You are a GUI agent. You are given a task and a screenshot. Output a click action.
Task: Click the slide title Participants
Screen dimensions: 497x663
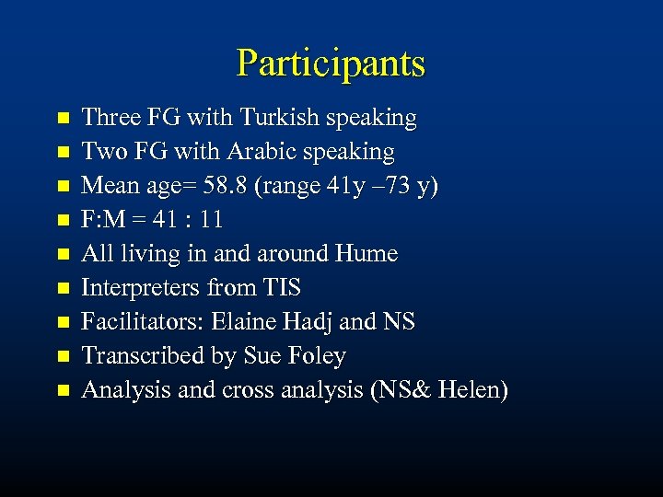(x=331, y=63)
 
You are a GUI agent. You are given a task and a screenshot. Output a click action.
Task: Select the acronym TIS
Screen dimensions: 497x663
(x=281, y=288)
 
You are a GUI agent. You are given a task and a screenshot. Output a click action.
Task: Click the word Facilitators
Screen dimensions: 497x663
(x=143, y=321)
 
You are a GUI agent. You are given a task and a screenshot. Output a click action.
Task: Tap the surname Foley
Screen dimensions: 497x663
(x=316, y=356)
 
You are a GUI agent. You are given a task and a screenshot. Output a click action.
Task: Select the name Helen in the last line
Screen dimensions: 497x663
(x=471, y=389)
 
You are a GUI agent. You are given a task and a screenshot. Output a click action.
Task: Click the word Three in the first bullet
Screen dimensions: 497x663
(x=110, y=118)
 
